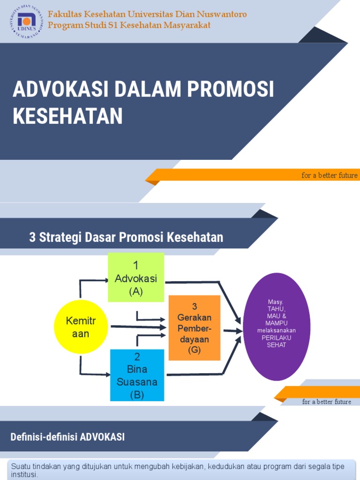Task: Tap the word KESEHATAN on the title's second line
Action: [x=67, y=116]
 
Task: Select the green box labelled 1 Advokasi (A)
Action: [x=136, y=277]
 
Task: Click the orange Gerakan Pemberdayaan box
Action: [x=194, y=328]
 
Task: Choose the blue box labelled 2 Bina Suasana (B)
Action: [x=137, y=375]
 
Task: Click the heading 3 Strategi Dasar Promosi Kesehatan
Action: [x=126, y=237]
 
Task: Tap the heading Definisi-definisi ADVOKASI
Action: [x=67, y=437]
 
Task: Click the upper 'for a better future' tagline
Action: [x=330, y=175]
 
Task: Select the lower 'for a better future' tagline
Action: [x=327, y=402]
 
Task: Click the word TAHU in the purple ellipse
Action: [x=277, y=309]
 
